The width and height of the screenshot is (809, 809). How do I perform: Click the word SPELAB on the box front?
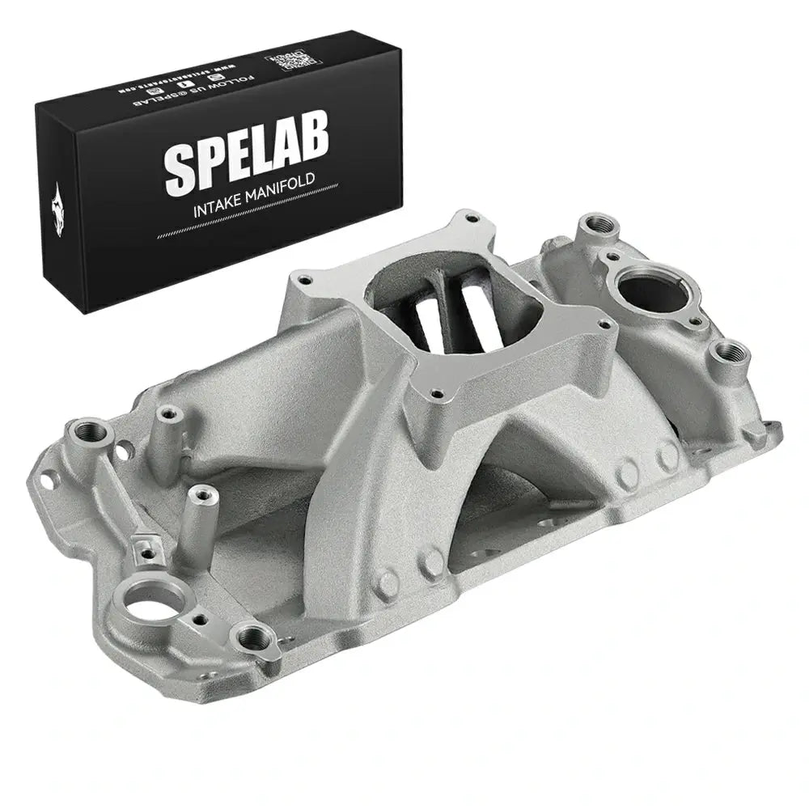coord(247,161)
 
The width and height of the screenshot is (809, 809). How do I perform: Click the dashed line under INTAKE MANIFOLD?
coord(243,225)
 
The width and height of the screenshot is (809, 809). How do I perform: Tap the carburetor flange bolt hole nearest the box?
coord(305,282)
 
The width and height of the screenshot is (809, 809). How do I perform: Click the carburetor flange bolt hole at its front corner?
coord(437,395)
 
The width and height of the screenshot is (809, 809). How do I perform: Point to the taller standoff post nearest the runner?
coord(167,413)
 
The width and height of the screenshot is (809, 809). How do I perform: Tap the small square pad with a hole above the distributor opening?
coord(145,552)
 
